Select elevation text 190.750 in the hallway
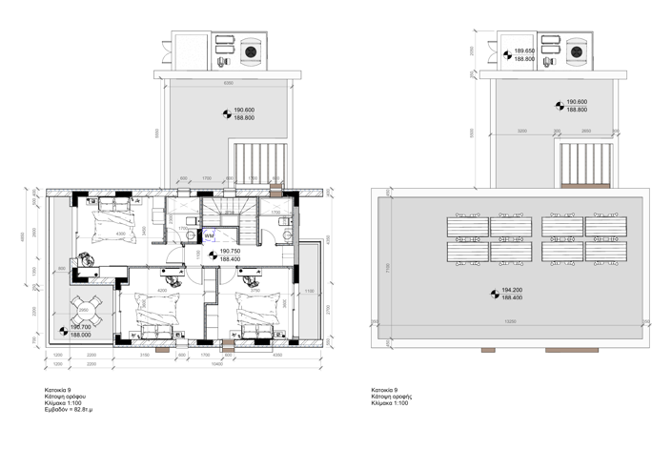click(x=232, y=252)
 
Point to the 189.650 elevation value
click(x=523, y=51)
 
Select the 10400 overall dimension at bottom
click(x=217, y=363)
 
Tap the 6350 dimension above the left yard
click(x=228, y=83)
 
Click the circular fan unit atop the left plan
click(x=253, y=51)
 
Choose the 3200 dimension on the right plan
click(x=522, y=131)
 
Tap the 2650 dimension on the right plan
click(x=585, y=131)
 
